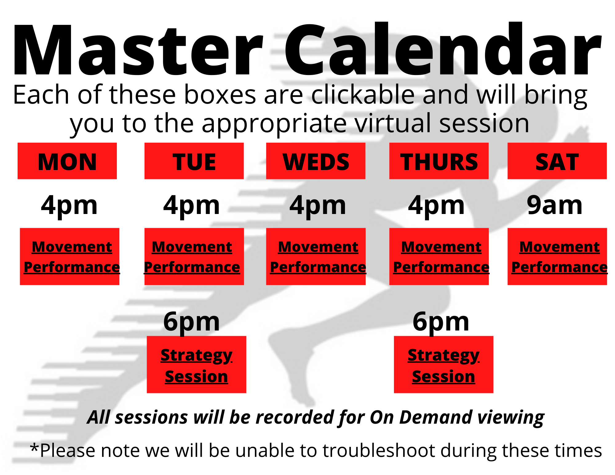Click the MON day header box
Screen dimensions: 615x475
point(67,161)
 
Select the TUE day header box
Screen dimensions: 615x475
point(194,161)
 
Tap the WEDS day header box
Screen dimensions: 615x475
point(316,161)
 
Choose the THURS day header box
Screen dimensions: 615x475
point(439,161)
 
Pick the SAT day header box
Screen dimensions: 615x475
point(557,161)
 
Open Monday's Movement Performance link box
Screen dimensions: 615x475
point(69,256)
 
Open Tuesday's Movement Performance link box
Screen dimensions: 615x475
point(194,256)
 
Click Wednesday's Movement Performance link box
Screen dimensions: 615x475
point(316,256)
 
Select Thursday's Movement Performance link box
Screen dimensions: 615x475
point(439,256)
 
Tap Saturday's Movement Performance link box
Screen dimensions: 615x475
point(557,256)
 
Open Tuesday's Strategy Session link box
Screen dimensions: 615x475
point(196,364)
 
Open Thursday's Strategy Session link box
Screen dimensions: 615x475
point(444,364)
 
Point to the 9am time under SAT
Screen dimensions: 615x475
point(555,205)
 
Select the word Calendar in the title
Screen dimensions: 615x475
point(443,49)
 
